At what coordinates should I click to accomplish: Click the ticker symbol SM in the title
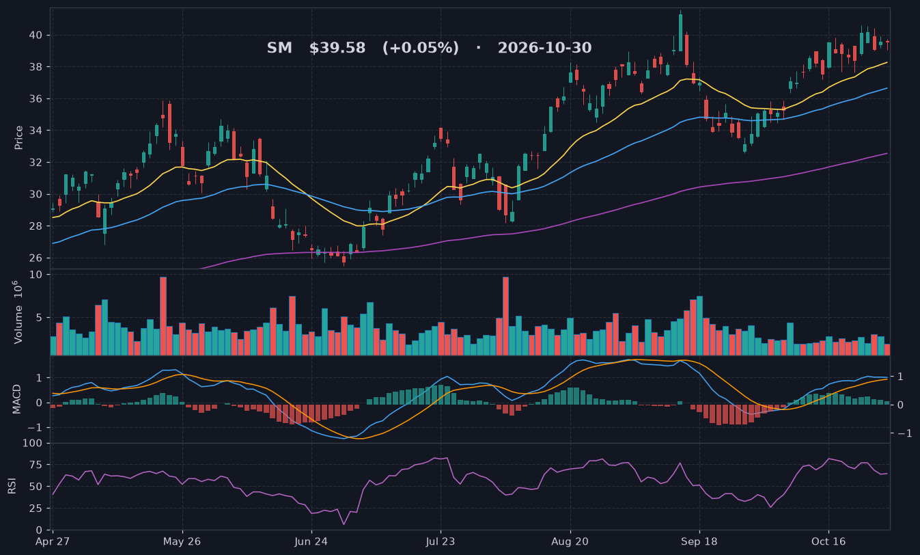click(279, 48)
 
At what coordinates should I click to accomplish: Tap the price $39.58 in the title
click(337, 48)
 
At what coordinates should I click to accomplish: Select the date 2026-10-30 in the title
click(544, 48)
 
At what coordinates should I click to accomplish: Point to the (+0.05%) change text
click(421, 48)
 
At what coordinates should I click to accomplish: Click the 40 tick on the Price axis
click(36, 36)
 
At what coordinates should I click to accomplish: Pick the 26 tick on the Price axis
click(36, 258)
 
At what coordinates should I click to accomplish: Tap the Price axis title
click(18, 137)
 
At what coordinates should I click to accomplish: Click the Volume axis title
click(18, 312)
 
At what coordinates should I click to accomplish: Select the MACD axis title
click(16, 399)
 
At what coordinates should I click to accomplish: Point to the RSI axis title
click(12, 486)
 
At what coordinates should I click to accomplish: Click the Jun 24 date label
click(311, 541)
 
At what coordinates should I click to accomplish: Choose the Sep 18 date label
click(699, 541)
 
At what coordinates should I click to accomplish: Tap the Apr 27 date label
click(53, 541)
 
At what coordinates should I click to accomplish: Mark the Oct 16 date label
click(828, 541)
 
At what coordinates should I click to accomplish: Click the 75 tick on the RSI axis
click(36, 465)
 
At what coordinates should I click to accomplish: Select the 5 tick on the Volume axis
click(39, 317)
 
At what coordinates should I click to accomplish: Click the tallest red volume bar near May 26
click(163, 316)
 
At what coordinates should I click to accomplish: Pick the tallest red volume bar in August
click(505, 316)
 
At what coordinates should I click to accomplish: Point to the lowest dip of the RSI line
click(344, 524)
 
